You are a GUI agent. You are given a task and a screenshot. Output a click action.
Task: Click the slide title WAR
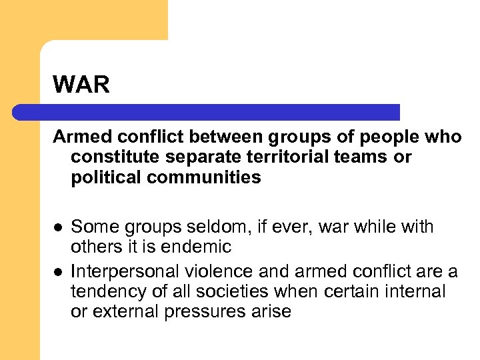(x=81, y=85)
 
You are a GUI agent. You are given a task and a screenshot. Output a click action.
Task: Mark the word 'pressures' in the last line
(x=211, y=311)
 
